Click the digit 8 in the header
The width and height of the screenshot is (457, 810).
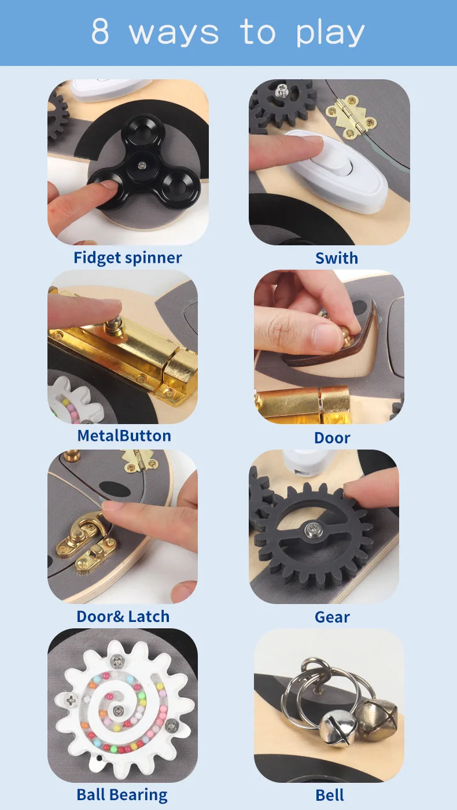coord(100,31)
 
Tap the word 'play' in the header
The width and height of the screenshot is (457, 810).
coord(330,33)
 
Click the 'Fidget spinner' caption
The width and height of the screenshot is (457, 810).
coord(128,258)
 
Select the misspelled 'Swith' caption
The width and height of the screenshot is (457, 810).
coord(337,258)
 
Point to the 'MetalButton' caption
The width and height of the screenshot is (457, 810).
coord(124,436)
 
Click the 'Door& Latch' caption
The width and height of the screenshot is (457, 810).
coord(123,616)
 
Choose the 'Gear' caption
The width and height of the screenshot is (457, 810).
coord(332,617)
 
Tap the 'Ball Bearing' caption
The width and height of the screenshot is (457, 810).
coord(122,795)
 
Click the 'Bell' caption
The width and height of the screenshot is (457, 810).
coord(330,795)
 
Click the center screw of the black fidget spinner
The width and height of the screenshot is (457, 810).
coord(142,166)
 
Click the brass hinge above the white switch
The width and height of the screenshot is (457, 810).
coord(351,117)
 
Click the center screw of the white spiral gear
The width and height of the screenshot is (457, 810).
coord(117,710)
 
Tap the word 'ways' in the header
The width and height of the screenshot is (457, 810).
coord(174,34)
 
